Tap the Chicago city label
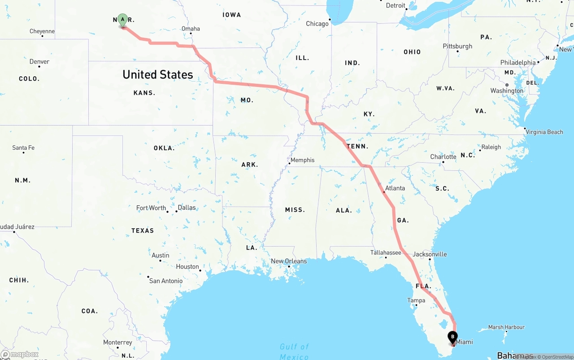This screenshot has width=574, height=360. [x=317, y=24]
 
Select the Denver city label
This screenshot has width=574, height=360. [x=39, y=61]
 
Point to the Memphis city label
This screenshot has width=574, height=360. [x=302, y=160]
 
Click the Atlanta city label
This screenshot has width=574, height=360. [x=395, y=188]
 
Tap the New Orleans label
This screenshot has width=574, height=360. [x=289, y=261]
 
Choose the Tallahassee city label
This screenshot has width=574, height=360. [x=386, y=252]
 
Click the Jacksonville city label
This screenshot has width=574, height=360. [x=430, y=254]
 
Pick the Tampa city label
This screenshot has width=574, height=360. [x=416, y=300]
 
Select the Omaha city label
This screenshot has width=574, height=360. [x=191, y=29]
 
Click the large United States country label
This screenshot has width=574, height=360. [x=158, y=74]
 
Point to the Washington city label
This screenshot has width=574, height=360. [x=507, y=91]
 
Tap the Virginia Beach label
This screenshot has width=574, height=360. [x=544, y=132]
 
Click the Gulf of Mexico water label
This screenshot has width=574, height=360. [x=294, y=351]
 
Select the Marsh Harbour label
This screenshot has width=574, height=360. [x=506, y=327]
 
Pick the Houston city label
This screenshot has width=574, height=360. [x=187, y=266]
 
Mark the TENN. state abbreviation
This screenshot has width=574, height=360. [x=357, y=146]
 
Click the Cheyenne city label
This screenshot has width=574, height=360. [x=42, y=31]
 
